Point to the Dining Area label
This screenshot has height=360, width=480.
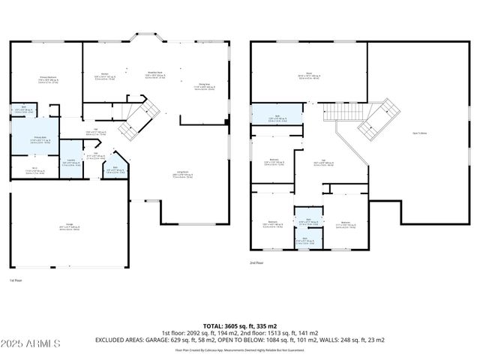pos(203,87)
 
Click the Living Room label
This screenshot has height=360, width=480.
pos(181,175)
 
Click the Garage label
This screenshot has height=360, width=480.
pos(70,227)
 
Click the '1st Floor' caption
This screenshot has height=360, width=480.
pos(16,280)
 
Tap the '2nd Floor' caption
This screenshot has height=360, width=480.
pos(257,262)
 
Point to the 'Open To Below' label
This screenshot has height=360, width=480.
pos(420,133)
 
